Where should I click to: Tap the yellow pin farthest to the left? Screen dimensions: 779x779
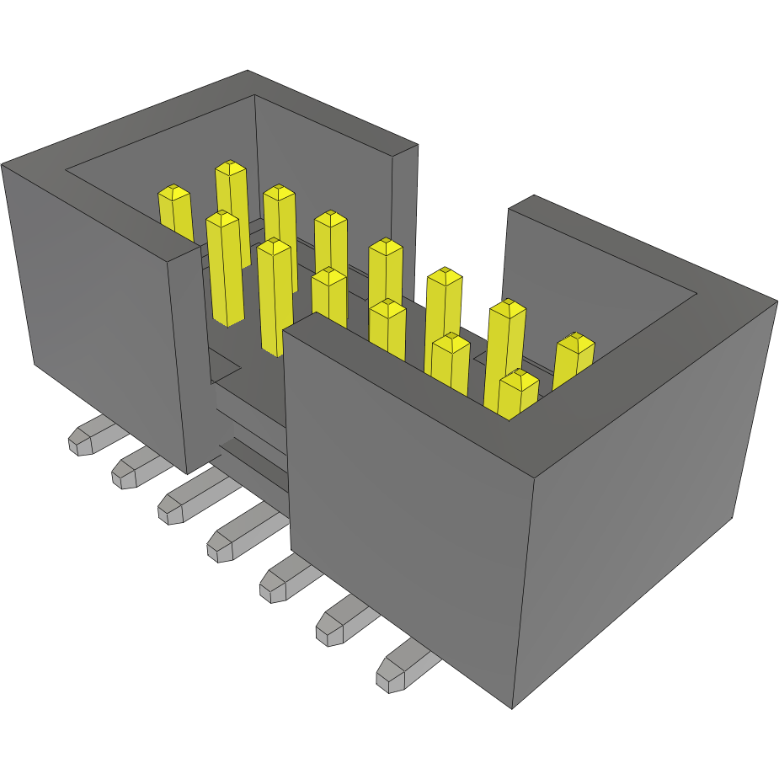[x=175, y=211]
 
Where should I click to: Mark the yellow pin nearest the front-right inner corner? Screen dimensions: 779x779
[x=518, y=394]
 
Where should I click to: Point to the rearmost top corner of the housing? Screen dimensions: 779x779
[x=248, y=71]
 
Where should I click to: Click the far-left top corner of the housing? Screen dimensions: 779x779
[x=3, y=164]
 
